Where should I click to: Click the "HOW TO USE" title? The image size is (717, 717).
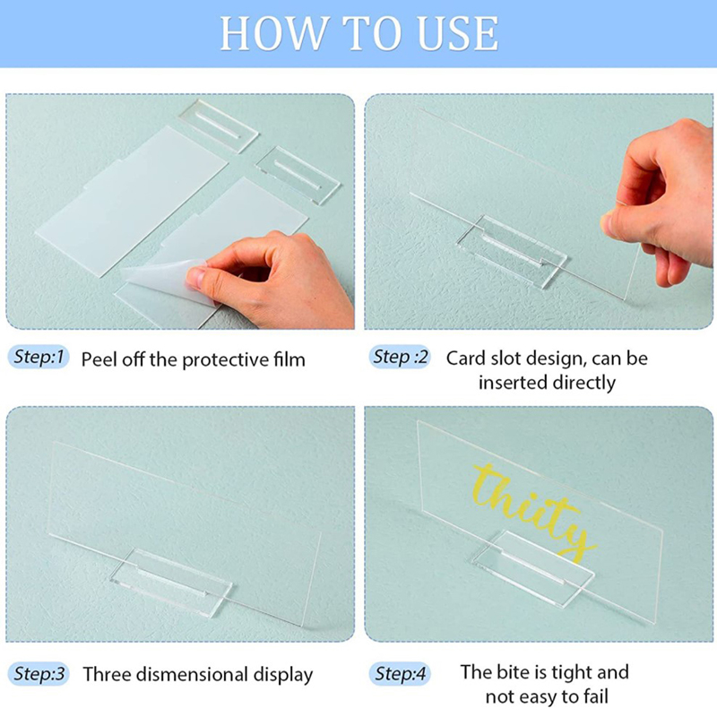359,33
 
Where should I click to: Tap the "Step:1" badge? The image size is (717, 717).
39,357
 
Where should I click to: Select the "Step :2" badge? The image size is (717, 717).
400,357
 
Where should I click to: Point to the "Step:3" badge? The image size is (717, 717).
39,674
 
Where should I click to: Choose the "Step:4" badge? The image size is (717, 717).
400,674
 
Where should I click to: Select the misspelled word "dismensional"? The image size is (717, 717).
193,675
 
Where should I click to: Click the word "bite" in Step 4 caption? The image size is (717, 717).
514,672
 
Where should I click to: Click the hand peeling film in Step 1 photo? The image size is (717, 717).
270,279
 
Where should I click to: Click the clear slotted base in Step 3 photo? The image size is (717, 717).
171,582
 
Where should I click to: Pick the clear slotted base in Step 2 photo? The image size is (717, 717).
512,251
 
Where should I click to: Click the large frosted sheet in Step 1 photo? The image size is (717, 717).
133,201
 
